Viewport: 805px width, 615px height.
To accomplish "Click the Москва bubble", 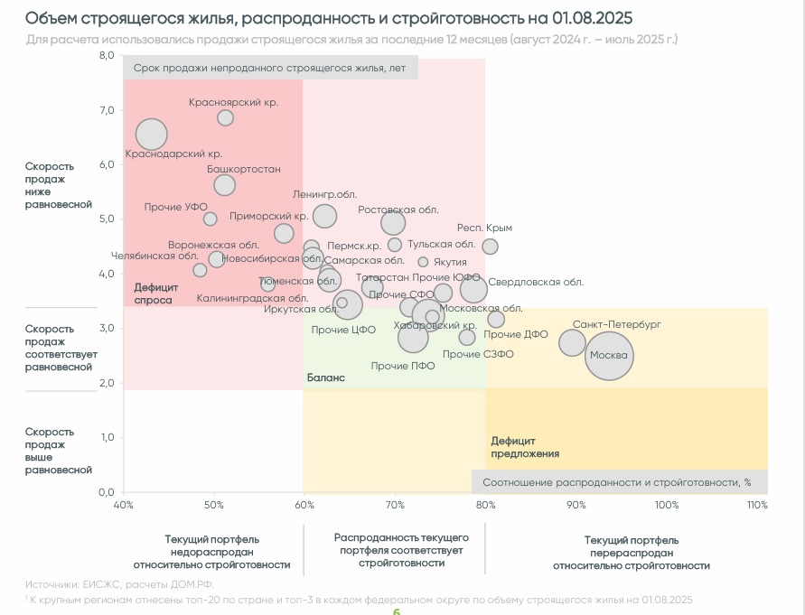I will (x=609, y=356).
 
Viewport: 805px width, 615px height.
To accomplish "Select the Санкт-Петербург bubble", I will (x=573, y=342).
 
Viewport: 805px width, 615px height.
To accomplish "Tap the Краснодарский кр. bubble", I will (x=152, y=135).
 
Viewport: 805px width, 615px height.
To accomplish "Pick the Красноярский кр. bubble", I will (x=225, y=118).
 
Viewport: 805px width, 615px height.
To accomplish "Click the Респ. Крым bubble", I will (x=490, y=247).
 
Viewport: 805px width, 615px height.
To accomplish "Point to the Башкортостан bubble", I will (x=225, y=185).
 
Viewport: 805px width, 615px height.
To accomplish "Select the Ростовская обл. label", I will (x=398, y=210).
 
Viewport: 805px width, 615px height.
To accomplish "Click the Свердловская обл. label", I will (x=536, y=282).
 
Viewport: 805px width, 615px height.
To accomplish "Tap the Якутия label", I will (x=450, y=262).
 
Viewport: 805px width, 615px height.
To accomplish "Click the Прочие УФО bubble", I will (x=210, y=219).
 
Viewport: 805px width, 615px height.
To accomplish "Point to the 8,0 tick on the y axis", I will (x=107, y=55).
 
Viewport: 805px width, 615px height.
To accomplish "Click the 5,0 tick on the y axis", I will (x=107, y=219).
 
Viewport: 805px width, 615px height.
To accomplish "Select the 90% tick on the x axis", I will (x=576, y=504).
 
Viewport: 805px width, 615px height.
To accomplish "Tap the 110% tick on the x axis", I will (x=757, y=504).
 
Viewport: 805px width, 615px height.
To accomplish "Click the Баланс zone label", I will (x=325, y=378).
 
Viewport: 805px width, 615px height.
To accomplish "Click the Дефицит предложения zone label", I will (x=525, y=447).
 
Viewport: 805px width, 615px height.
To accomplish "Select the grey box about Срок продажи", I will (x=271, y=69).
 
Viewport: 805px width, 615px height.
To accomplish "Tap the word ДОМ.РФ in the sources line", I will (x=191, y=585).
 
